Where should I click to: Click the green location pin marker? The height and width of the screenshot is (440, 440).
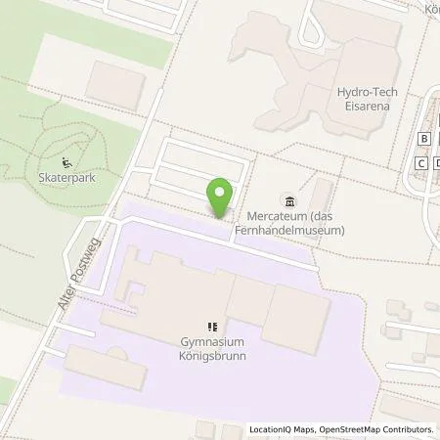pos(222,197)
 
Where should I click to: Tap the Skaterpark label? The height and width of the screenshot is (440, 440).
pos(67,180)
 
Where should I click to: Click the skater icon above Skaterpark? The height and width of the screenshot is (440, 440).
pos(66,163)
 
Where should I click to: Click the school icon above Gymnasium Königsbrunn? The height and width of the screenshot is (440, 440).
pos(212,327)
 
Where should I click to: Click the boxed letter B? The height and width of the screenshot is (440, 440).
pos(422,138)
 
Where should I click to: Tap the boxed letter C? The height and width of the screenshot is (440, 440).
pos(419,162)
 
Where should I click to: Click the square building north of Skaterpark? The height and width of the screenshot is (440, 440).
pos(114,82)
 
